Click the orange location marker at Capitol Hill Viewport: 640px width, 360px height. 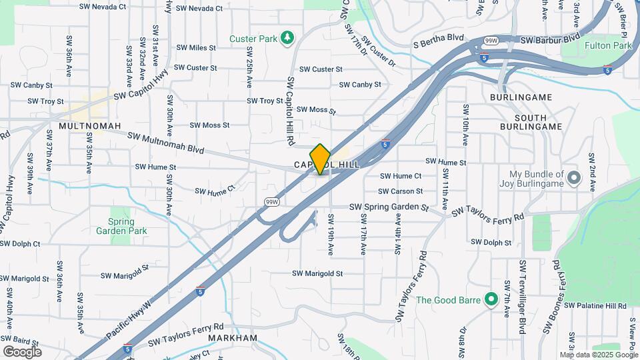pyautogui.click(x=321, y=159)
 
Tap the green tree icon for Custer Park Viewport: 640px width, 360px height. pyautogui.click(x=287, y=38)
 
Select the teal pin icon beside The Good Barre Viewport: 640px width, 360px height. pyautogui.click(x=491, y=299)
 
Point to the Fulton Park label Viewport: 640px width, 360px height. pyautogui.click(x=607, y=46)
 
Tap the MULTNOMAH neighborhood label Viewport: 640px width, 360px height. pyautogui.click(x=89, y=125)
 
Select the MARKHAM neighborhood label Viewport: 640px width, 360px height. pyautogui.click(x=232, y=338)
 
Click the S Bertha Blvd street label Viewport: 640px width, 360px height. pyautogui.click(x=438, y=41)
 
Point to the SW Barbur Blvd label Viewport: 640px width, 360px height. pyautogui.click(x=550, y=40)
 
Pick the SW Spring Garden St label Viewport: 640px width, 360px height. pyautogui.click(x=389, y=207)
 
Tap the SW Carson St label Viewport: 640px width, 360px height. pyautogui.click(x=401, y=191)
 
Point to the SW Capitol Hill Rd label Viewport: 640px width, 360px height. pyautogui.click(x=291, y=111)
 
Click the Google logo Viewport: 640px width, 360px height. pyautogui.click(x=22, y=351)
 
